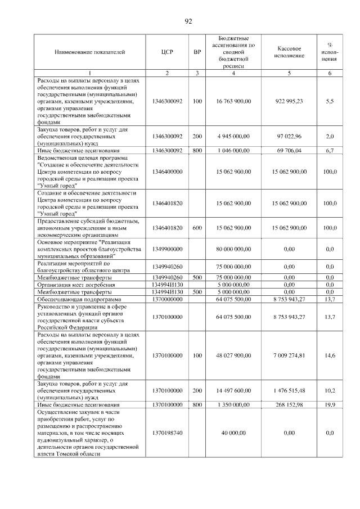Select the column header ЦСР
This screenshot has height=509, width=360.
coord(167,52)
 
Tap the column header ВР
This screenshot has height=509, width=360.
coord(197,52)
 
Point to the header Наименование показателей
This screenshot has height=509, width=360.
coord(90,52)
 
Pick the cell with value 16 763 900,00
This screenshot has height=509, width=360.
coord(233,101)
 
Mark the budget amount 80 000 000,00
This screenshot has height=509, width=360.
coord(233,249)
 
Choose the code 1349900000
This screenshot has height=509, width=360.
coord(167,249)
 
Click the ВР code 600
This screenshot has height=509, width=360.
coord(197,228)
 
